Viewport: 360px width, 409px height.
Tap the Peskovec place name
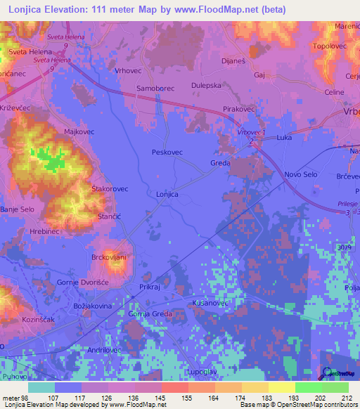tap(167, 152)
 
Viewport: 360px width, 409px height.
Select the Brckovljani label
tap(108, 257)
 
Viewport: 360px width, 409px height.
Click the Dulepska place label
tap(207, 86)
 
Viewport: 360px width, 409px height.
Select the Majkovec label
tap(79, 131)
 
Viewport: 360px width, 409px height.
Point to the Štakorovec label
tap(110, 189)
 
